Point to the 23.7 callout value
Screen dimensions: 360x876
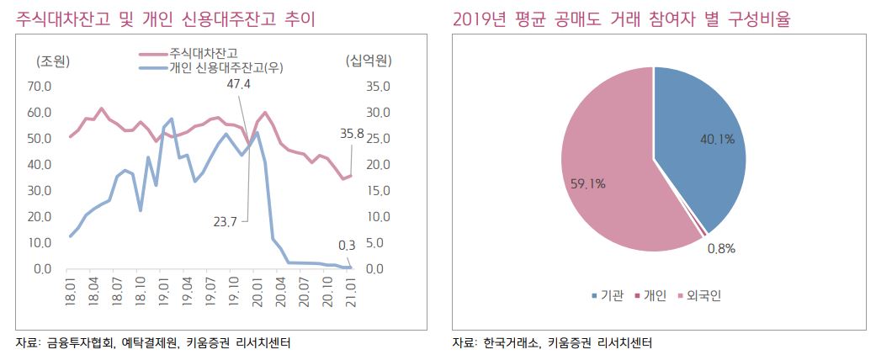click(226, 221)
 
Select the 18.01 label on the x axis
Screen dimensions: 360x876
click(72, 290)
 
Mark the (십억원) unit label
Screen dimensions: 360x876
click(368, 61)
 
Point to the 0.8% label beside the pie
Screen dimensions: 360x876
click(720, 247)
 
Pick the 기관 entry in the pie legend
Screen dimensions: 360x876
click(611, 295)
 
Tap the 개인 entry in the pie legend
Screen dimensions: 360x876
click(654, 295)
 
